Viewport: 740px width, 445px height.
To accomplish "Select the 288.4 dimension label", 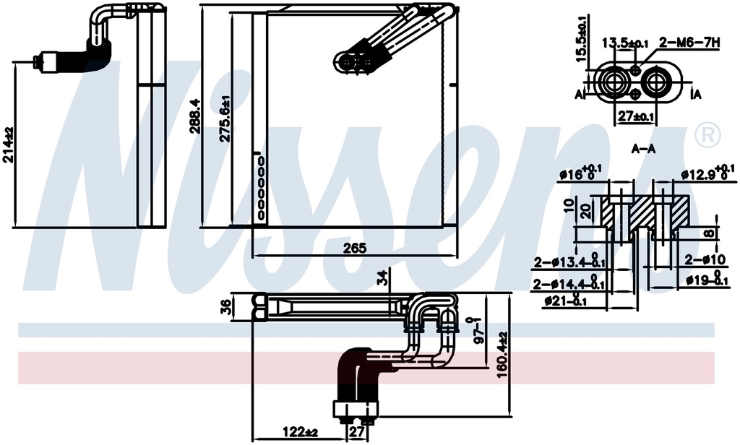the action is [194, 116].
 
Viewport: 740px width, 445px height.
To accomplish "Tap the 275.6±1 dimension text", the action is [225, 118].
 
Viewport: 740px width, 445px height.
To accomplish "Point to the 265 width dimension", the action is [354, 249].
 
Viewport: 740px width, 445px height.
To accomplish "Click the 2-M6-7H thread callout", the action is [689, 43].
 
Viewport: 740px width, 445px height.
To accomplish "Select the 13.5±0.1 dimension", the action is [625, 43].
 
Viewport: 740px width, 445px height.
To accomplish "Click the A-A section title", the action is [644, 149].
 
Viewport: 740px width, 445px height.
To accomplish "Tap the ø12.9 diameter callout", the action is [708, 173].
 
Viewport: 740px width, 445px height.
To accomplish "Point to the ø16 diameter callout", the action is [580, 173].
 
